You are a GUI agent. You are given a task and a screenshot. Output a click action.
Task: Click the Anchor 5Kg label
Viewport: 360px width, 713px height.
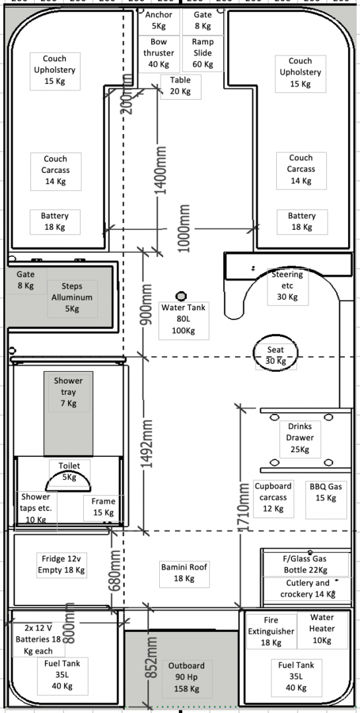[159, 20]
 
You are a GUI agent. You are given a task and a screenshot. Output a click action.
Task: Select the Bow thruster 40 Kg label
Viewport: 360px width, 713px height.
[159, 53]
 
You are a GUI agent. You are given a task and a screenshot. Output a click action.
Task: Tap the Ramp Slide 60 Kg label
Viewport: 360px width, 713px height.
[203, 53]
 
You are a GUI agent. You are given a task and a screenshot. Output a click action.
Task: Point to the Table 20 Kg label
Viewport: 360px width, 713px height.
[180, 85]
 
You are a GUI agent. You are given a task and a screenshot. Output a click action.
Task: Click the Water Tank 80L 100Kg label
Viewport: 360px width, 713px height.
[184, 320]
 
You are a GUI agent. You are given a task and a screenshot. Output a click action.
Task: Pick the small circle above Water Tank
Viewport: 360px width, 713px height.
[181, 296]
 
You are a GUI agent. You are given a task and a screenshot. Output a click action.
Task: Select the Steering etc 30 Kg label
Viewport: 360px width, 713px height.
[287, 286]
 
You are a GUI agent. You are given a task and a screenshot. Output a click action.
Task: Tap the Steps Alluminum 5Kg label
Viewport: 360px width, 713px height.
[72, 298]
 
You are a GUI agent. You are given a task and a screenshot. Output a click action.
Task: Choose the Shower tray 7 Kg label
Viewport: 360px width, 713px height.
[68, 392]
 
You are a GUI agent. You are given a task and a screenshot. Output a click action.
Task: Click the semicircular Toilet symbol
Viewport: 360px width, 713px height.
[69, 482]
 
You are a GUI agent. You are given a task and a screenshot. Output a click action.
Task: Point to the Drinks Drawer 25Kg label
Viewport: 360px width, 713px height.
[300, 438]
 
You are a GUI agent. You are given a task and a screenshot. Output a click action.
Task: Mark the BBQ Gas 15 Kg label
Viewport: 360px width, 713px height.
[326, 492]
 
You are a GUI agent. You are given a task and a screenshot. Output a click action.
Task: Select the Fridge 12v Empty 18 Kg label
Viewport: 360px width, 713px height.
[61, 564]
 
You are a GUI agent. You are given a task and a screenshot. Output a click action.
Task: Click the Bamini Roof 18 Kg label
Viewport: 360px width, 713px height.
[184, 573]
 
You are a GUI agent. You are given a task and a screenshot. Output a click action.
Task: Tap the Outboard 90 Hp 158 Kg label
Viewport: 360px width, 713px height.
[186, 677]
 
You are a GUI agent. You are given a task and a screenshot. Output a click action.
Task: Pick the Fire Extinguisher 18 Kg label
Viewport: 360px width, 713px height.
[271, 631]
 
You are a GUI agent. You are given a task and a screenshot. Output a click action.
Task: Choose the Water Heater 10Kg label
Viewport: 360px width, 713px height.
[322, 629]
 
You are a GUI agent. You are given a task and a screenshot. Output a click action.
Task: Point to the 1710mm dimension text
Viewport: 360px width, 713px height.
[244, 506]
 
